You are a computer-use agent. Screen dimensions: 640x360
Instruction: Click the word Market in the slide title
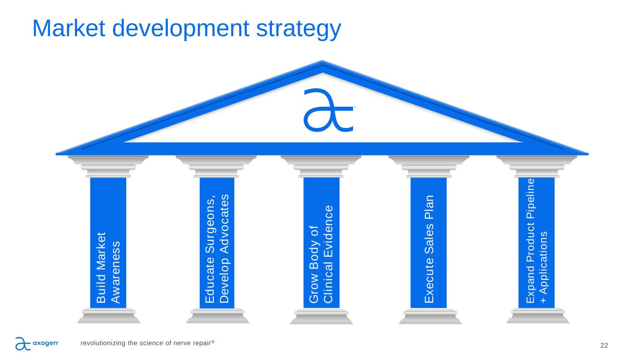point(69,28)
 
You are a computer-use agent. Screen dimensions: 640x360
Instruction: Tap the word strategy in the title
point(299,30)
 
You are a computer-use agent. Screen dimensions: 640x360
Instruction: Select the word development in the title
point(181,30)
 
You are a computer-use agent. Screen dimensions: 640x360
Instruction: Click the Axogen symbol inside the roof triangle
point(329,110)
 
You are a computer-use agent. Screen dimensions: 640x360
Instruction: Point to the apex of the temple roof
point(322,60)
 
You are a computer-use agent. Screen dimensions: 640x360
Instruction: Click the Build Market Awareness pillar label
point(108,268)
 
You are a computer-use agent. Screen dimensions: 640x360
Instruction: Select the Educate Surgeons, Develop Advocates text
point(217,248)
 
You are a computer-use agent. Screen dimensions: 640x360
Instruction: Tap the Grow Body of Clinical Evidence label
point(321,254)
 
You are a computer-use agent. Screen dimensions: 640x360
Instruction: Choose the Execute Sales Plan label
point(429,249)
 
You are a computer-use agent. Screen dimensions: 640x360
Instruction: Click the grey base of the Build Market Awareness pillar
point(109,316)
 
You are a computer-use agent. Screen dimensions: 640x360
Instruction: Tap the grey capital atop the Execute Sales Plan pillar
point(429,166)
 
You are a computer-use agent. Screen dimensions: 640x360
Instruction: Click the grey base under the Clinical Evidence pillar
point(322,316)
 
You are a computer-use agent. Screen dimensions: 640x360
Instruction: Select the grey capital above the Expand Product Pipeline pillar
point(537,166)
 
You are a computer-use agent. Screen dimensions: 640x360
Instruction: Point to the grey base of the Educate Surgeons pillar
point(218,316)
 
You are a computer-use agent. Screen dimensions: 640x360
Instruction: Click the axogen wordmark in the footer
point(46,343)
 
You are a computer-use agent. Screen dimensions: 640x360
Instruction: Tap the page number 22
point(604,345)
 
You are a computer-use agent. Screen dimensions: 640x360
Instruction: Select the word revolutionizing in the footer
point(103,343)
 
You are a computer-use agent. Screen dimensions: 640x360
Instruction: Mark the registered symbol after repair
point(213,341)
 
